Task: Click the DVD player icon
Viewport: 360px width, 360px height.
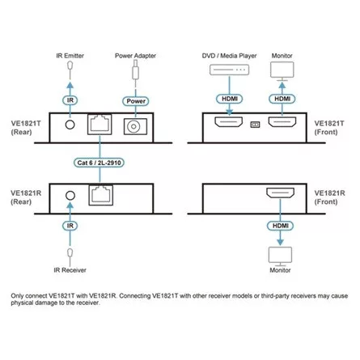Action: [232, 72]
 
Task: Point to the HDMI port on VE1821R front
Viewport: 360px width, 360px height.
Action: [281, 195]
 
